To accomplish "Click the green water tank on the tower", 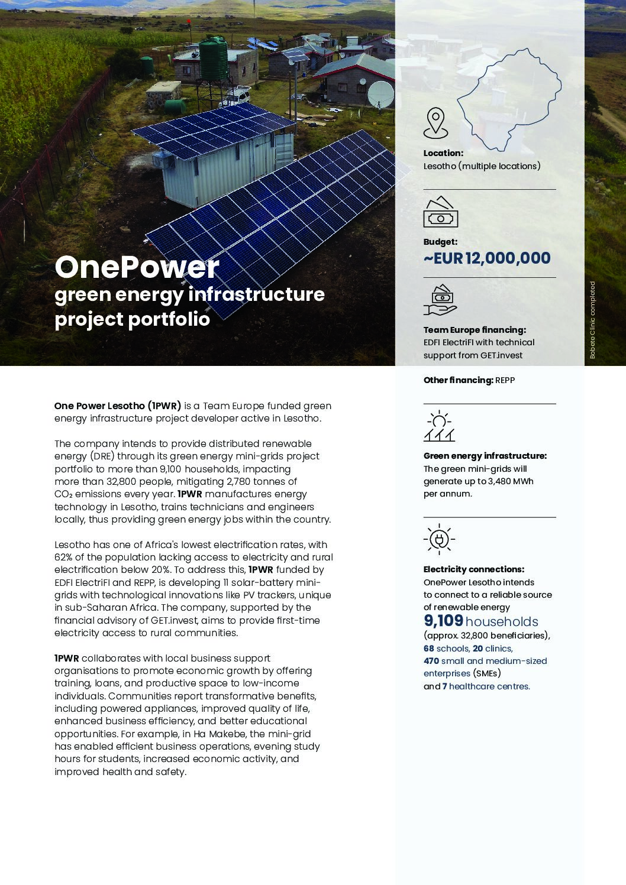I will coord(212,56).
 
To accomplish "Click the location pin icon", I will coord(435,122).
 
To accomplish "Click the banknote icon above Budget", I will coord(440,212).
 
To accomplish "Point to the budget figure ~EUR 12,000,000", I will coord(487,258).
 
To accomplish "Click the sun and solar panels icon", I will coord(439,426).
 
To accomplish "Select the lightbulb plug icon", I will coord(439,539).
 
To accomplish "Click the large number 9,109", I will coord(443,621).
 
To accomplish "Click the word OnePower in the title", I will coord(137,267).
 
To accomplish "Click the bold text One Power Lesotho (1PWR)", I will coord(117,406).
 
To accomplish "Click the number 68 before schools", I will coord(428,649).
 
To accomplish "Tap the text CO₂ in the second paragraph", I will coord(64,494).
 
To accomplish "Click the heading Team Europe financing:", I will coord(474,330).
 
